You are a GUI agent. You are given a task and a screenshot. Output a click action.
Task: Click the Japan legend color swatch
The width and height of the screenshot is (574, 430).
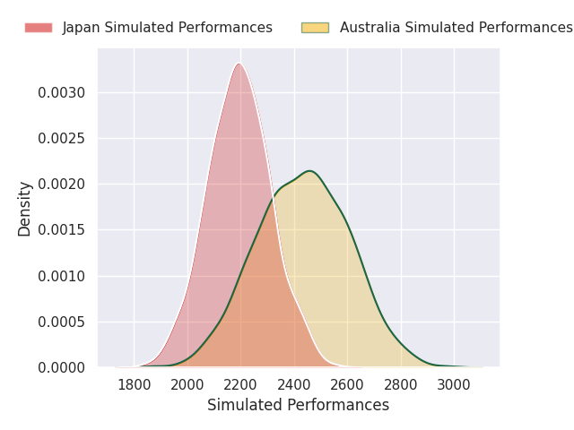(39, 28)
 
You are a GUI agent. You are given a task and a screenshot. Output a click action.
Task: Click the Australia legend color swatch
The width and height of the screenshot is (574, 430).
(315, 28)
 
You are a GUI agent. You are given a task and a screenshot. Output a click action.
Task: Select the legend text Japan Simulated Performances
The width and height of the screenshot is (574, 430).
(168, 28)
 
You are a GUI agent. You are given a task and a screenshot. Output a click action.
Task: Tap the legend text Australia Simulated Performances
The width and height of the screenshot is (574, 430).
(457, 28)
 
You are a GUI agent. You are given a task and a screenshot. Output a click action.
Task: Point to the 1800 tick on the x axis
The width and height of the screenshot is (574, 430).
(134, 385)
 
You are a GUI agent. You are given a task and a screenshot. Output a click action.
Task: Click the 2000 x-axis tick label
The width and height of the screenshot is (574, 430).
(187, 385)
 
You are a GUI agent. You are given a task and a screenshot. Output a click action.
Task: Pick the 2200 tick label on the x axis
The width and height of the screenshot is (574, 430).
(240, 385)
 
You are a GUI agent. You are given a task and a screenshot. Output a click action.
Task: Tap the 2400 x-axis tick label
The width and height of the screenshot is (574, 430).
(294, 385)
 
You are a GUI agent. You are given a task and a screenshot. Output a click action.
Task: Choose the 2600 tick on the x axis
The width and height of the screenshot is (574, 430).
(347, 385)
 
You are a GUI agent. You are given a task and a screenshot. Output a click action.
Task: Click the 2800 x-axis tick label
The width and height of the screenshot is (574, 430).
(401, 385)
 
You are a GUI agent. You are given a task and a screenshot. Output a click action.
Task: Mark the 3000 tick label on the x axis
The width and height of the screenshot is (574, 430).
(454, 385)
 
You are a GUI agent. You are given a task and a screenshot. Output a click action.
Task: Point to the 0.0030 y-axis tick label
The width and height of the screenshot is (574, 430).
(62, 93)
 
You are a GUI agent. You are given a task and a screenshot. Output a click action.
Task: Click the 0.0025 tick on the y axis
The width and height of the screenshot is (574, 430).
(62, 139)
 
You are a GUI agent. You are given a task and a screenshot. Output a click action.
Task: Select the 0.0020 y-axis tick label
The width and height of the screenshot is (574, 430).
(62, 185)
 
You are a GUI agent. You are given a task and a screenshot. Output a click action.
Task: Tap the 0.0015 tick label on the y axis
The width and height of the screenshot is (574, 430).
(62, 230)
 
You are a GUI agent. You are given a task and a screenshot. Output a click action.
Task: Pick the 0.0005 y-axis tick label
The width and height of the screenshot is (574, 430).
(62, 322)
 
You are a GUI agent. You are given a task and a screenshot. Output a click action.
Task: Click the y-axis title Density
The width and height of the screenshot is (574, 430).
(24, 209)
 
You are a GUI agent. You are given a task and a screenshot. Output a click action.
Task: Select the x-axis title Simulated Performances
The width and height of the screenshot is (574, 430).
(298, 405)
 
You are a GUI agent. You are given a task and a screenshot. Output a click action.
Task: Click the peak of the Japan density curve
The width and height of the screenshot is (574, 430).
(239, 64)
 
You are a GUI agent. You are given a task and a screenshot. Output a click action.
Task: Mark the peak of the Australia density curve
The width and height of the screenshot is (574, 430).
(309, 171)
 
